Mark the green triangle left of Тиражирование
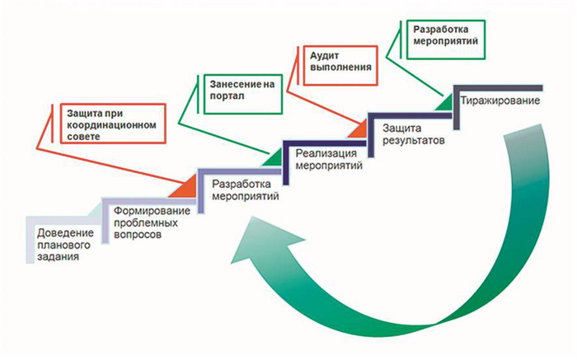pos(443,100)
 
